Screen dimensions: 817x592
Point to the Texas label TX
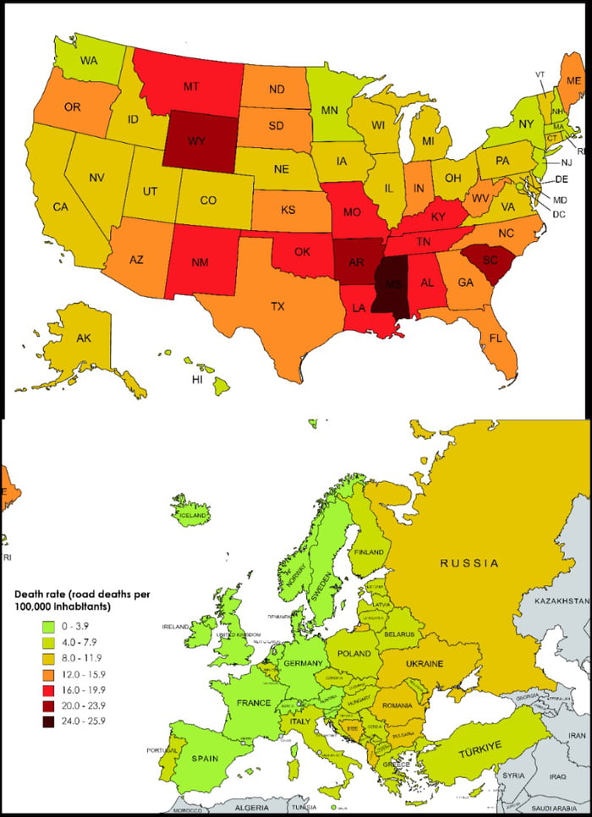(x=277, y=306)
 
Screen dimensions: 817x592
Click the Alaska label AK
(x=84, y=338)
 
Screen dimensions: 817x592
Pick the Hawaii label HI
(x=197, y=381)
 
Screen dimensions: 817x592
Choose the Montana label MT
(x=192, y=86)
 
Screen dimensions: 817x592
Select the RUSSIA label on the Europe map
(x=469, y=562)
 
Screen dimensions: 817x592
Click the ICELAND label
(x=193, y=514)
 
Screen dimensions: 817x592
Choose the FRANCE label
(x=254, y=703)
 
